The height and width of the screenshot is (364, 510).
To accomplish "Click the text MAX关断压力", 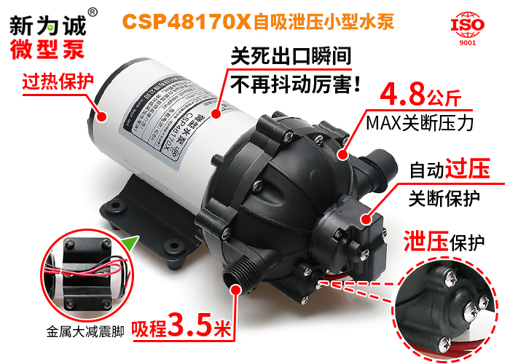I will pyautogui.click(x=420, y=122).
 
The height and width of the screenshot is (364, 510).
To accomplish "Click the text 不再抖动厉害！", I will pyautogui.click(x=295, y=84).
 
